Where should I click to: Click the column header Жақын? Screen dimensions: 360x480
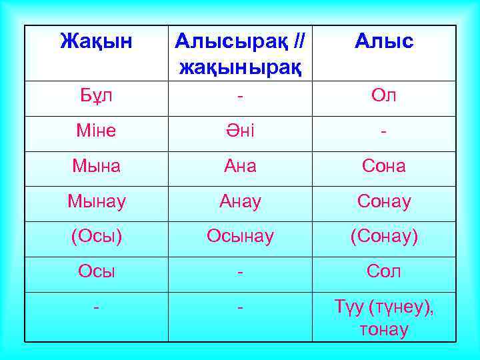coord(97,42)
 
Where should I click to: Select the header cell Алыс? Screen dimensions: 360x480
coord(384,42)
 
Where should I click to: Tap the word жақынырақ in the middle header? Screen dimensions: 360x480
coord(240,67)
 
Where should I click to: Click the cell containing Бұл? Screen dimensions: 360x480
coord(97,95)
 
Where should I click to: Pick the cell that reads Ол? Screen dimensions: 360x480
coord(384,95)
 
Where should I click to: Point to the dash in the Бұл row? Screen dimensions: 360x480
coord(240,95)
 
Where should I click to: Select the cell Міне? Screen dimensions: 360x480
coord(97,131)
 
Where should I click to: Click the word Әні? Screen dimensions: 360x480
coord(240,131)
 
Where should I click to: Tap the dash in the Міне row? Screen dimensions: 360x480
coord(384,131)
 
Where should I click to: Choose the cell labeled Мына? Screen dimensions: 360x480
coord(97,166)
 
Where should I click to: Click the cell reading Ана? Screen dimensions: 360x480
coord(240,166)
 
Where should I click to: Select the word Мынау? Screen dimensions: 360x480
coord(97,201)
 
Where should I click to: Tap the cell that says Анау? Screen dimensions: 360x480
coord(240,201)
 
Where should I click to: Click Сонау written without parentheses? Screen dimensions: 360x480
coord(384,201)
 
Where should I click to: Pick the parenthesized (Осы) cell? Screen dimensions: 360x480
coord(97,237)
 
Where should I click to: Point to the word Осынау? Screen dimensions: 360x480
coord(240,237)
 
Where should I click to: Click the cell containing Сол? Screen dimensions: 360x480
coord(384,272)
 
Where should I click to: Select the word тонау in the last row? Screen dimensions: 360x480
coord(384,329)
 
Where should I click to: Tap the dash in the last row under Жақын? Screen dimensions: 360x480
coord(97,307)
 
